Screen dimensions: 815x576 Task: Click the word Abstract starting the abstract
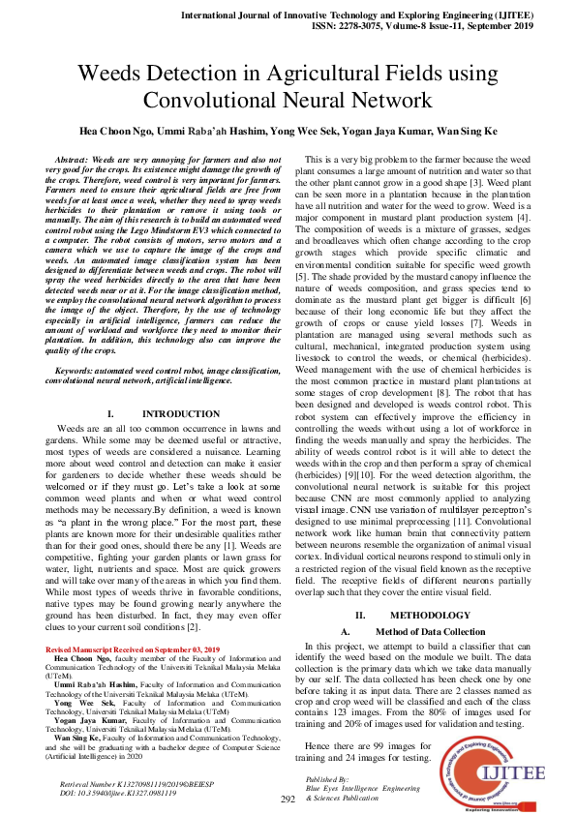pos(73,158)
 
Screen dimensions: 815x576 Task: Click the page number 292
pos(288,799)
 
